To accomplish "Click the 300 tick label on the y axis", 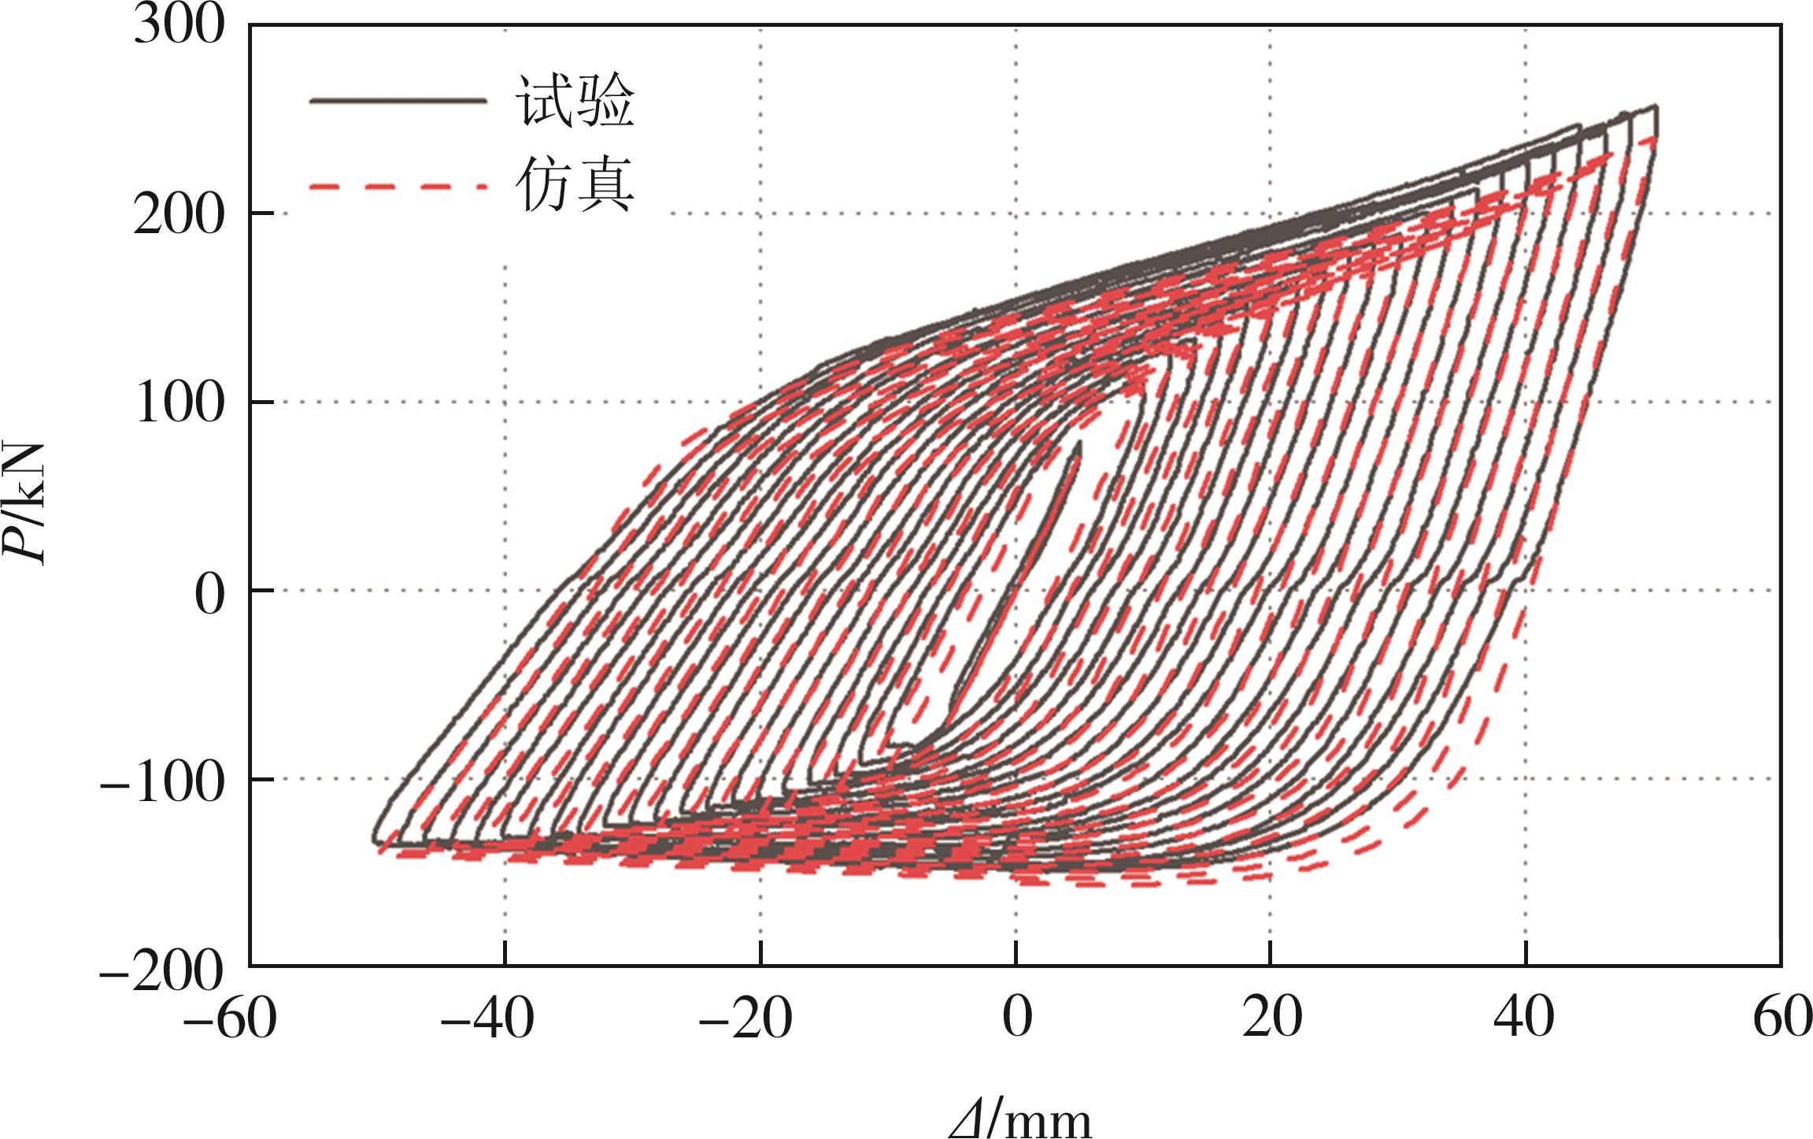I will coord(179,26).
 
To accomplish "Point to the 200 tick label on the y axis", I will coord(179,214).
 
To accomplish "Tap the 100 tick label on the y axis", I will coord(179,403).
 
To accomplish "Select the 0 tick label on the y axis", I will coord(209,593).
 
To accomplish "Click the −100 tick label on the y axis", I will coord(163,782).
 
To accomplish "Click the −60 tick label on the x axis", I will coord(229,1017).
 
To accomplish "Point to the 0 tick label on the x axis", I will coord(1017,1017).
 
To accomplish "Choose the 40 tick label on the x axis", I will coord(1524,1017).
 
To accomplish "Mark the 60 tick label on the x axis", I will coord(1782,1017).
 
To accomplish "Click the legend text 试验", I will coord(575,101).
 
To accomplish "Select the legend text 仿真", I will coord(575,186).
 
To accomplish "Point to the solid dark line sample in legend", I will coord(398,101).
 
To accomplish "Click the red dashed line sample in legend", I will coord(398,187).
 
